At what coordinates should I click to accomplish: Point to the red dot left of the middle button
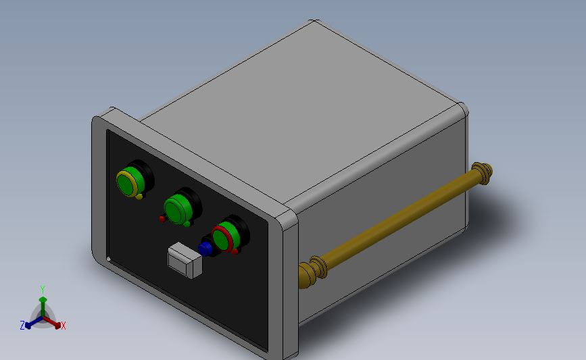pyautogui.click(x=162, y=218)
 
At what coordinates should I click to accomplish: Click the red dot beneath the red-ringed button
pyautogui.click(x=234, y=252)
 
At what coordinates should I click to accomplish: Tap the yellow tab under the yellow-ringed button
pyautogui.click(x=139, y=197)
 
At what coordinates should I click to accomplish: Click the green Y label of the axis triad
pyautogui.click(x=42, y=289)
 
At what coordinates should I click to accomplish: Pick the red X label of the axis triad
pyautogui.click(x=64, y=326)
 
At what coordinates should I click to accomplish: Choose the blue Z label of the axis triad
pyautogui.click(x=22, y=326)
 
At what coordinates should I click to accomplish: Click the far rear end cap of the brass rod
pyautogui.click(x=484, y=172)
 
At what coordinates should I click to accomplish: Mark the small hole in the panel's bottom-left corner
pyautogui.click(x=109, y=258)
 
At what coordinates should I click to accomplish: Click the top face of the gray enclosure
pyautogui.click(x=304, y=108)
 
